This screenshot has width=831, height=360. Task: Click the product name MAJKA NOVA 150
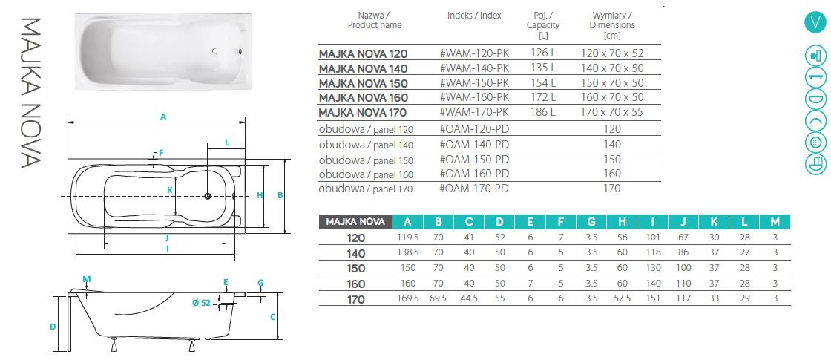pos(363,82)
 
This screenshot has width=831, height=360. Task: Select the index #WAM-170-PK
pos(474,112)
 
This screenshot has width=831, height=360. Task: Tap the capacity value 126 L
pos(544,53)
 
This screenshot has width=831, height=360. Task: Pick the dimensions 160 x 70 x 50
pos(612,97)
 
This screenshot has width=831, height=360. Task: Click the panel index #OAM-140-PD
pos(475,145)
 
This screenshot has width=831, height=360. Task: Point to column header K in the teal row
pos(714,221)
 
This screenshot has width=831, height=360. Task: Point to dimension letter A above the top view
pos(162,115)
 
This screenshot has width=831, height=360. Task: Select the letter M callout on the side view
pos(88,279)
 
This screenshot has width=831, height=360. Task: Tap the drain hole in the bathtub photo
pos(214,52)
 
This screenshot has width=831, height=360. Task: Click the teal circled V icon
pos(815,22)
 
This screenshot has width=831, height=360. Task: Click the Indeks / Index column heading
pos(474,15)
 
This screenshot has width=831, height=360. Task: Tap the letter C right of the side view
pos(272,317)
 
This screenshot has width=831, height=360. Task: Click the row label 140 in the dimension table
pos(356,252)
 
